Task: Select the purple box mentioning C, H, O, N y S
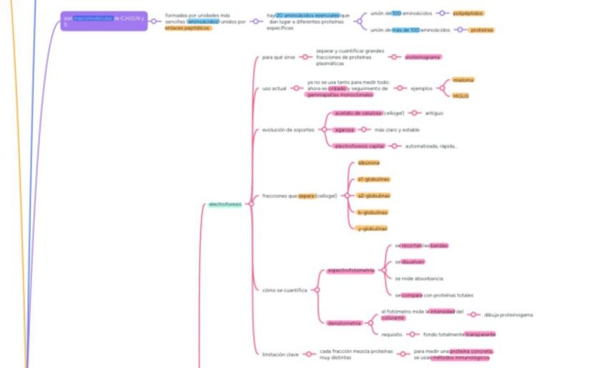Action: pyautogui.click(x=104, y=21)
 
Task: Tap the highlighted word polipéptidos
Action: pyautogui.click(x=468, y=13)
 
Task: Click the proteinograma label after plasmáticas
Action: pyautogui.click(x=423, y=57)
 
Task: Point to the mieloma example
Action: pyautogui.click(x=463, y=80)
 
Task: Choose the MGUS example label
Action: pyautogui.click(x=461, y=96)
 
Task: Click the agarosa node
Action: pyautogui.click(x=344, y=129)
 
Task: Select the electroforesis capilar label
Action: pyautogui.click(x=359, y=146)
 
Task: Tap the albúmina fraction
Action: pyautogui.click(x=369, y=163)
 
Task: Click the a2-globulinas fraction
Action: pyautogui.click(x=373, y=195)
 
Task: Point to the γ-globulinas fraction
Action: pyautogui.click(x=372, y=228)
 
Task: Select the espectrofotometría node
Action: pyautogui.click(x=351, y=270)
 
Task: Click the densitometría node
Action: pyautogui.click(x=344, y=323)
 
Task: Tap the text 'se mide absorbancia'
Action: pyautogui.click(x=419, y=278)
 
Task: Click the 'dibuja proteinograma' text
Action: pyautogui.click(x=508, y=314)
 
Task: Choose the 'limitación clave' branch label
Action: pyautogui.click(x=279, y=353)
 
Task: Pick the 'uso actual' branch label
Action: pyautogui.click(x=274, y=89)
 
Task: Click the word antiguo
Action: pyautogui.click(x=434, y=113)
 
